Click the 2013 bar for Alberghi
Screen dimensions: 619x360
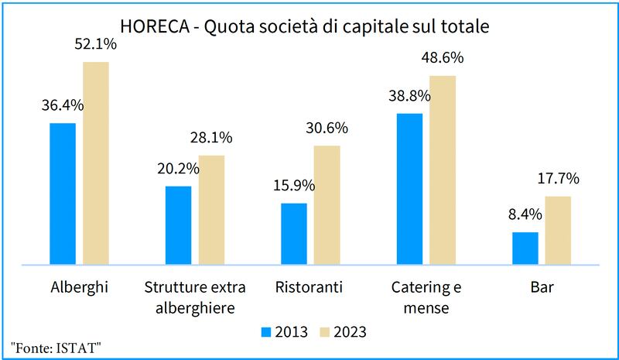tap(63, 194)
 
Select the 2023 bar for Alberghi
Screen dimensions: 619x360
tap(96, 163)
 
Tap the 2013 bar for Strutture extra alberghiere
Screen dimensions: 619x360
tap(179, 225)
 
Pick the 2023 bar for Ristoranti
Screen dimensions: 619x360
tap(327, 205)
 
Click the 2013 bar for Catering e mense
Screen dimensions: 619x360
tap(409, 189)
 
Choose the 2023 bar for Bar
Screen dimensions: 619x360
tap(558, 231)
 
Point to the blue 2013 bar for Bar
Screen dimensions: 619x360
tap(525, 249)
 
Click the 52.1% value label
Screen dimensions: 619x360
tap(95, 45)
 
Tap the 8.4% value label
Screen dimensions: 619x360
tap(525, 214)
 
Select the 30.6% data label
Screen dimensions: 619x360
tap(327, 128)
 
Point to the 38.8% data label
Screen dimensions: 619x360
tap(409, 96)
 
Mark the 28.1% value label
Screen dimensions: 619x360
tap(211, 138)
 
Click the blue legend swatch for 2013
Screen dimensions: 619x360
tap(266, 332)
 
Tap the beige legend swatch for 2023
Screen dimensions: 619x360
tap(324, 332)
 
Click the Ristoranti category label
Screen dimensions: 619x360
tap(309, 287)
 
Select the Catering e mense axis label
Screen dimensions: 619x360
tap(426, 297)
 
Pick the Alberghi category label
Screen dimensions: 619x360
tap(80, 288)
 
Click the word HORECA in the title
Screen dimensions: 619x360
tap(155, 26)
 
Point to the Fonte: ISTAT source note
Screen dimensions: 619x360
tap(56, 348)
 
